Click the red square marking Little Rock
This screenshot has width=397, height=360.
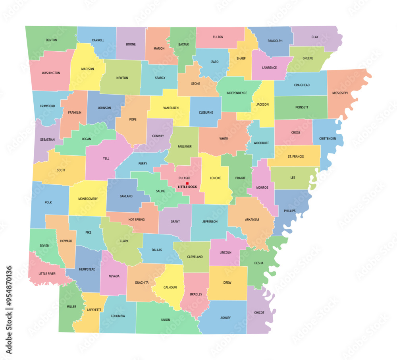point(187,183)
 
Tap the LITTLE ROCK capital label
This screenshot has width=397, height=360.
point(187,187)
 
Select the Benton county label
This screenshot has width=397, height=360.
point(51,40)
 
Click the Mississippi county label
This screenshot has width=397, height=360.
point(340,93)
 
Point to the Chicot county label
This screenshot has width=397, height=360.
point(259,313)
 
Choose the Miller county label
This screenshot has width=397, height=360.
point(71,307)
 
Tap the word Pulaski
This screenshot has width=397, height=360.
point(184,178)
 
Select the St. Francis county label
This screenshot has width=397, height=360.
point(296,157)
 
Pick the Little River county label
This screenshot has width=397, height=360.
point(47,273)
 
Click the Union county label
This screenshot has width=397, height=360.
point(166,319)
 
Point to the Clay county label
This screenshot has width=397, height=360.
point(315,37)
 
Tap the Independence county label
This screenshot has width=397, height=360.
point(237,93)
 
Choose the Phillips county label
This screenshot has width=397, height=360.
point(290,211)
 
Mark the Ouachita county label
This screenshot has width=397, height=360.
point(142,283)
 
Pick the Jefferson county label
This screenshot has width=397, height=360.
point(210,221)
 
